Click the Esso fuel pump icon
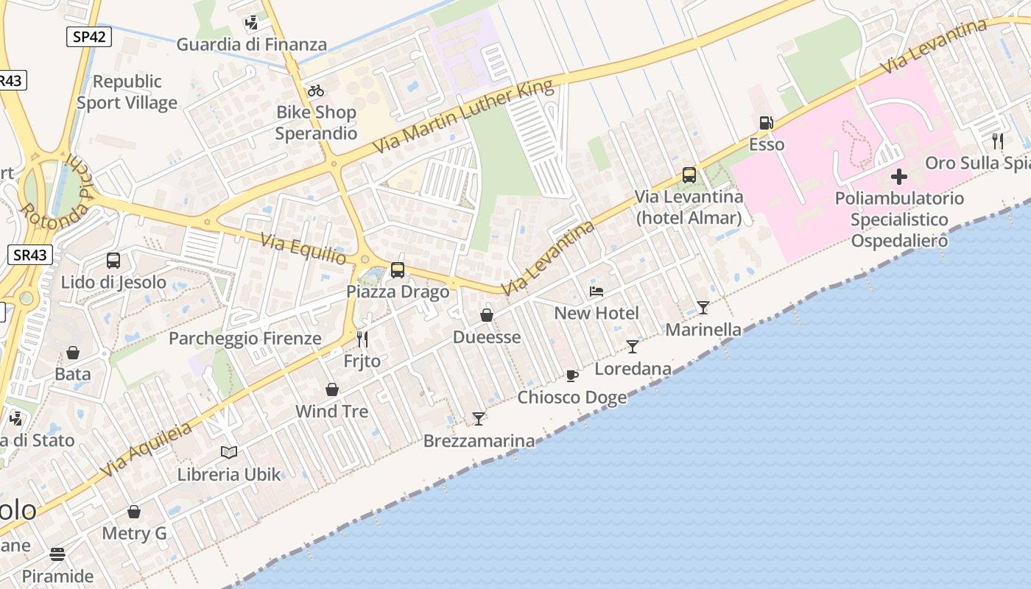766,123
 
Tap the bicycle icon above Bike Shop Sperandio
316,91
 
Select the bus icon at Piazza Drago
398,270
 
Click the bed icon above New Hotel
597,292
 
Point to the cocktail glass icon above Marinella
703,308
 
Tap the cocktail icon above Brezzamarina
479,419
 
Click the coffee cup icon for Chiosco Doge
571,376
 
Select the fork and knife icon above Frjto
362,339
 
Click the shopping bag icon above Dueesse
487,316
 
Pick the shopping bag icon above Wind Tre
332,389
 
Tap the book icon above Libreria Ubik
229,452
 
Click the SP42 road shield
88,37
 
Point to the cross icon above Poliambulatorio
898,177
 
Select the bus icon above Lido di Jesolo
113,260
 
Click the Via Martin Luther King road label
462,116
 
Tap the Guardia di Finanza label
251,44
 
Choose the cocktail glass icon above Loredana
633,347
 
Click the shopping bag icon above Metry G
134,512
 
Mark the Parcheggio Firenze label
245,339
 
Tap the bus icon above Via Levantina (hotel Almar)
689,175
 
